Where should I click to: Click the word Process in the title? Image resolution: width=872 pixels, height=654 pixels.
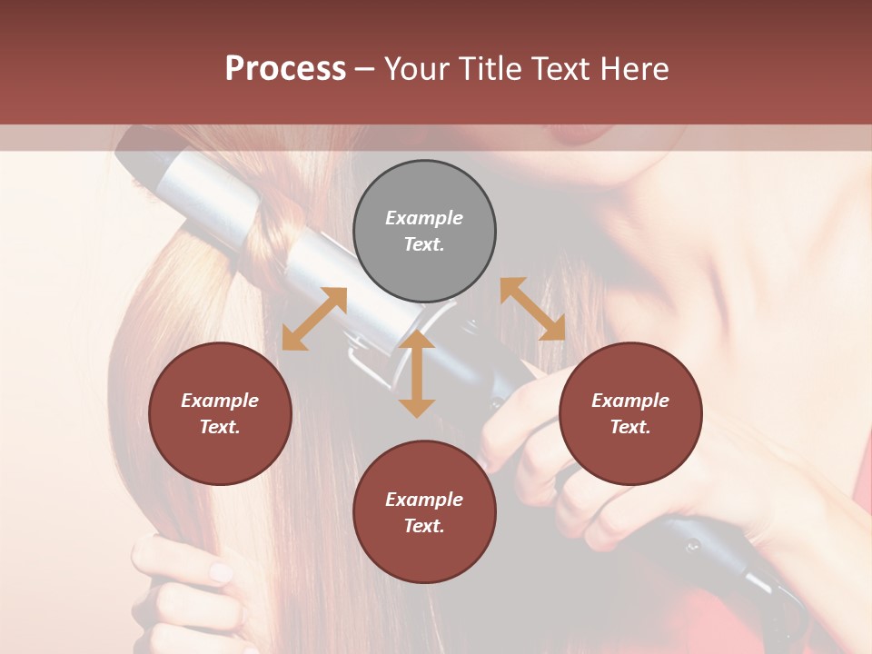click(x=285, y=69)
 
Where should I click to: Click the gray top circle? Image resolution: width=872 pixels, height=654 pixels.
click(x=424, y=232)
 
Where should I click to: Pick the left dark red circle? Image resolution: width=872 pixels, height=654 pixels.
click(x=220, y=413)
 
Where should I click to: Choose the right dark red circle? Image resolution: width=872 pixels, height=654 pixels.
click(x=629, y=413)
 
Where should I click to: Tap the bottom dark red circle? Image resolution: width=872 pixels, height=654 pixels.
click(x=424, y=512)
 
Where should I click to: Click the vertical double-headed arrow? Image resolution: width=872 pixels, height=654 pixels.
click(x=417, y=373)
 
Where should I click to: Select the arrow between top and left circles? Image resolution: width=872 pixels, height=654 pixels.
click(x=314, y=319)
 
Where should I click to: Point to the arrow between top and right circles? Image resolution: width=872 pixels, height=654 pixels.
click(x=532, y=309)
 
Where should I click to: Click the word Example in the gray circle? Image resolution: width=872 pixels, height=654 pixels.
click(x=424, y=218)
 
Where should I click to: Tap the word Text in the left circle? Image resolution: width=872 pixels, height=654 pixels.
click(x=219, y=427)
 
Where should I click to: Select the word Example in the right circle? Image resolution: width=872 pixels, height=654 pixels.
click(x=629, y=401)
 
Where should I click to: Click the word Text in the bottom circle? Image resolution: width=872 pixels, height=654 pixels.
click(x=423, y=526)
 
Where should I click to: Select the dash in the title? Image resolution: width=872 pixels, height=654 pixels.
click(x=364, y=69)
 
